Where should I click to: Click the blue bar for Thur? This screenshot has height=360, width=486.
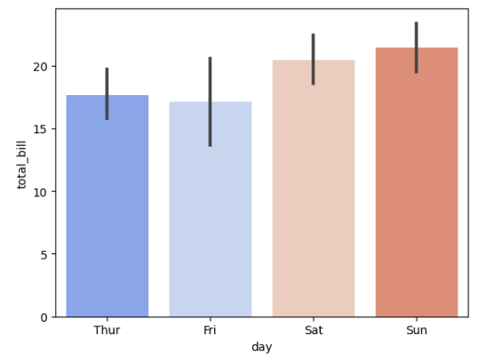(107, 213)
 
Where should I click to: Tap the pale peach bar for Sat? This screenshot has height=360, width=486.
(314, 196)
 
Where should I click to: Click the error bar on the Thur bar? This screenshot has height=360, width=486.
(107, 93)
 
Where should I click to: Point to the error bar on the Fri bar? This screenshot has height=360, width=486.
(211, 101)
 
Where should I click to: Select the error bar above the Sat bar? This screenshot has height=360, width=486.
(314, 59)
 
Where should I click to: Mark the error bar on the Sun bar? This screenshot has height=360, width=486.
(417, 48)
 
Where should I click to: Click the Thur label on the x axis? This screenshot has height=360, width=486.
(107, 331)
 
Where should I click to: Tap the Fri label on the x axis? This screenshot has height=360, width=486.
(211, 331)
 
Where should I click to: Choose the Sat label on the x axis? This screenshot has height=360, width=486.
(314, 331)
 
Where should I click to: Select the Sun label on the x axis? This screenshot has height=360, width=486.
(417, 331)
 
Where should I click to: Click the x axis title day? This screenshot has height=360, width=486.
(261, 348)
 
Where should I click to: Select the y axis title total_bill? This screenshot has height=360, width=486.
(22, 163)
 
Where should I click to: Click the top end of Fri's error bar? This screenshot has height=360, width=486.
(211, 58)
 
